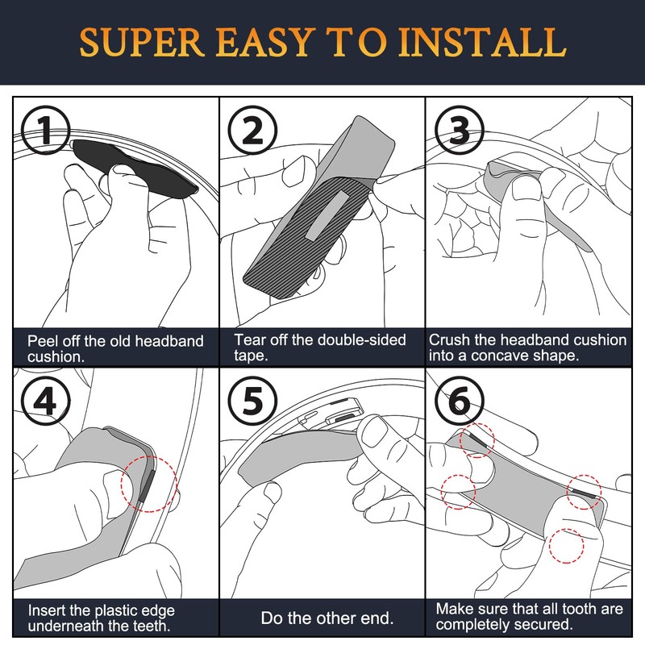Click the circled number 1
click(x=46, y=131)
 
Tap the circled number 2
click(x=252, y=131)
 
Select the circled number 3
click(x=460, y=131)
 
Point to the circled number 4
click(x=46, y=401)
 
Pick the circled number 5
click(x=252, y=401)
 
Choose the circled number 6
click(x=460, y=401)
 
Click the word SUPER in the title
click(x=142, y=42)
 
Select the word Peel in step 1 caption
click(x=40, y=341)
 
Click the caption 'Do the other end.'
click(x=327, y=618)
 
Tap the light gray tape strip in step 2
click(x=327, y=215)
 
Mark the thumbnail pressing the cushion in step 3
click(x=526, y=189)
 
